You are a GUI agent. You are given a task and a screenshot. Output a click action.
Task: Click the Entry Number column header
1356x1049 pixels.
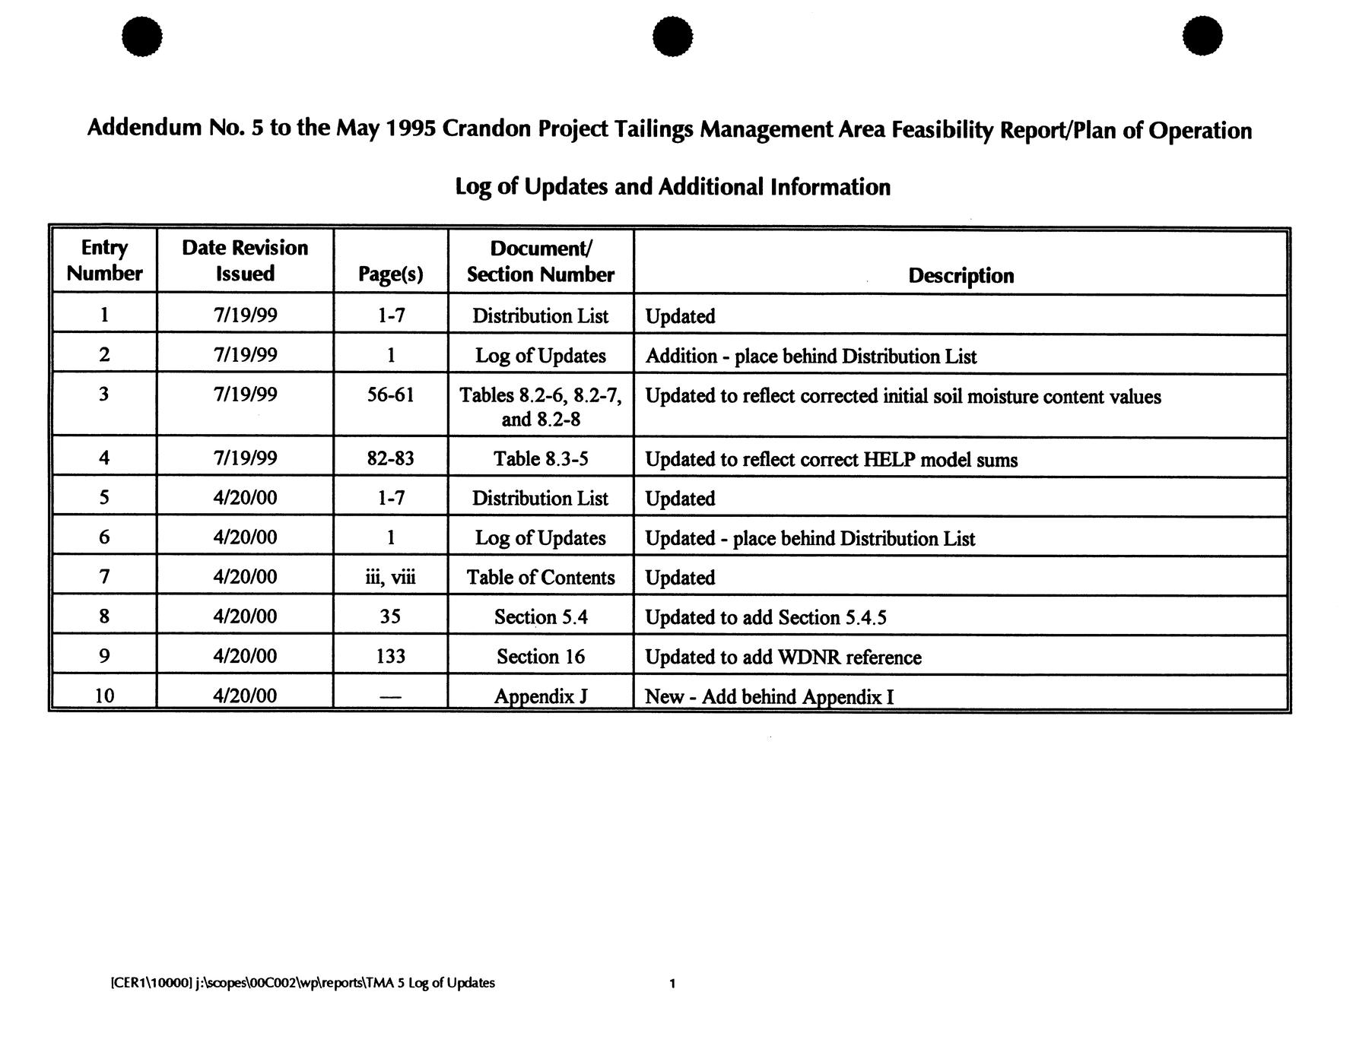pos(104,260)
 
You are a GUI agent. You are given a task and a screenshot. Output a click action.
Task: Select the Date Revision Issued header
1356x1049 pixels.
pos(245,260)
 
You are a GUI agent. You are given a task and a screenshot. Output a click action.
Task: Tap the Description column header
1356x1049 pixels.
pos(961,275)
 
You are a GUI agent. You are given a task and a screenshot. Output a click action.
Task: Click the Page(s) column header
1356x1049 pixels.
pos(390,274)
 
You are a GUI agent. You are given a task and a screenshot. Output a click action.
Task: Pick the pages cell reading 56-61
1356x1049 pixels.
pos(390,395)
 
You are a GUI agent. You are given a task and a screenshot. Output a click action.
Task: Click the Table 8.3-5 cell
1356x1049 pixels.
pos(540,458)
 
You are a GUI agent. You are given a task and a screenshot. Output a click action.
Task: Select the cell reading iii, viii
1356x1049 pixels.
pos(390,577)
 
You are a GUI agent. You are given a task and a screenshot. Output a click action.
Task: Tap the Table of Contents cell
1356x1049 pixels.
pos(540,577)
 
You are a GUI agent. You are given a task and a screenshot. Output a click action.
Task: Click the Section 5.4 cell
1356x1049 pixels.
pos(540,616)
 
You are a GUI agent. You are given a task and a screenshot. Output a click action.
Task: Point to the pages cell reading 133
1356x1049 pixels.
pos(390,656)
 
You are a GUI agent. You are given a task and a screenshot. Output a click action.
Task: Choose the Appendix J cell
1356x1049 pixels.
pos(540,696)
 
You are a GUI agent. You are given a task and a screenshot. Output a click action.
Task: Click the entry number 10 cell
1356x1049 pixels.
pos(104,696)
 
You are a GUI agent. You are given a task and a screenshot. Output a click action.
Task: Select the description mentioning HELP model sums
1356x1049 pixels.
pos(830,459)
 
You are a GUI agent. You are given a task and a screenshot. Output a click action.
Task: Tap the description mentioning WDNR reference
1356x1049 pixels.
pos(783,657)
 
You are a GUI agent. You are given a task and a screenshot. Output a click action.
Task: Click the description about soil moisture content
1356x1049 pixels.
pos(903,396)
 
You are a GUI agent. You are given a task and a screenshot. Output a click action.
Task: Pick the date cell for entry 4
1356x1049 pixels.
pos(245,458)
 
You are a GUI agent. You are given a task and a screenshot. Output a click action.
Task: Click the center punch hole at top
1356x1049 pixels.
pos(672,36)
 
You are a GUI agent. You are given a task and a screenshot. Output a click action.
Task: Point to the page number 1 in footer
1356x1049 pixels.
pos(672,984)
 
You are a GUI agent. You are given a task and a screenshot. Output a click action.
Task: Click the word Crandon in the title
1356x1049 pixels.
pos(486,129)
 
